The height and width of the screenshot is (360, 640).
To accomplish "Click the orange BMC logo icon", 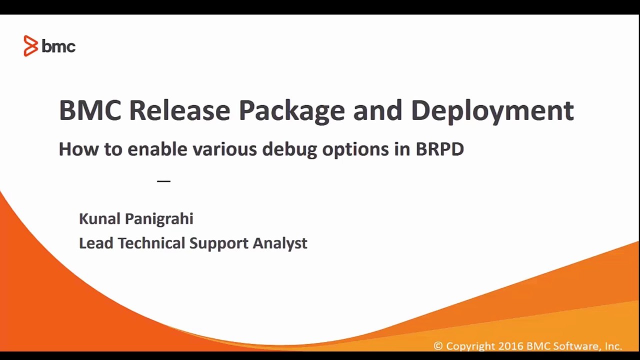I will coord(30,46).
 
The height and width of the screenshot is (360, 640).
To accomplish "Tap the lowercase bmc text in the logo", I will coord(58,47).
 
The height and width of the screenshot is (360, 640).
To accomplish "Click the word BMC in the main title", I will coord(90,110).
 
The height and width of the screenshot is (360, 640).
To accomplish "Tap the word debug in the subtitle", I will coord(289,149).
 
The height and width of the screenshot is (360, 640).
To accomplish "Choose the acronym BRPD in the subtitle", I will coord(439,149).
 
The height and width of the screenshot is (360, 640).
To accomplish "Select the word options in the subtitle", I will coord(355,149).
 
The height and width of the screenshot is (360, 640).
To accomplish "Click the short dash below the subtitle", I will coord(163,181).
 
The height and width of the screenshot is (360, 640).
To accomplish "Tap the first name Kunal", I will coord(99,218).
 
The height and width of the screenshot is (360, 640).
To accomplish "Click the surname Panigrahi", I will coord(158,219).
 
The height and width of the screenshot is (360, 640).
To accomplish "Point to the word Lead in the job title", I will coord(96,243).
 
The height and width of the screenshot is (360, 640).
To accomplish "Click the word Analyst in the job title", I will coord(279,243).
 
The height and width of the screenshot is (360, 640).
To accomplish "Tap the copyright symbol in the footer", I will coord(438,346).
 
